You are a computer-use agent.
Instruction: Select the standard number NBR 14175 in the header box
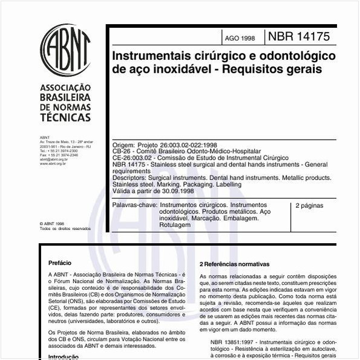click(x=299, y=37)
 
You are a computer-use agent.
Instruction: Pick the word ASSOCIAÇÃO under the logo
click(x=65, y=87)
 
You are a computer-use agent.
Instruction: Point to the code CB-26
click(x=123, y=151)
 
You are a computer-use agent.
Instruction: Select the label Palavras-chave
click(x=134, y=206)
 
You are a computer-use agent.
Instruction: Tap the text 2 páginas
click(x=309, y=206)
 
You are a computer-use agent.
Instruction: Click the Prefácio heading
click(x=60, y=263)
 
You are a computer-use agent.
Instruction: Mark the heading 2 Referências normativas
click(x=234, y=264)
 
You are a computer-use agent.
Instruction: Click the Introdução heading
click(x=64, y=356)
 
